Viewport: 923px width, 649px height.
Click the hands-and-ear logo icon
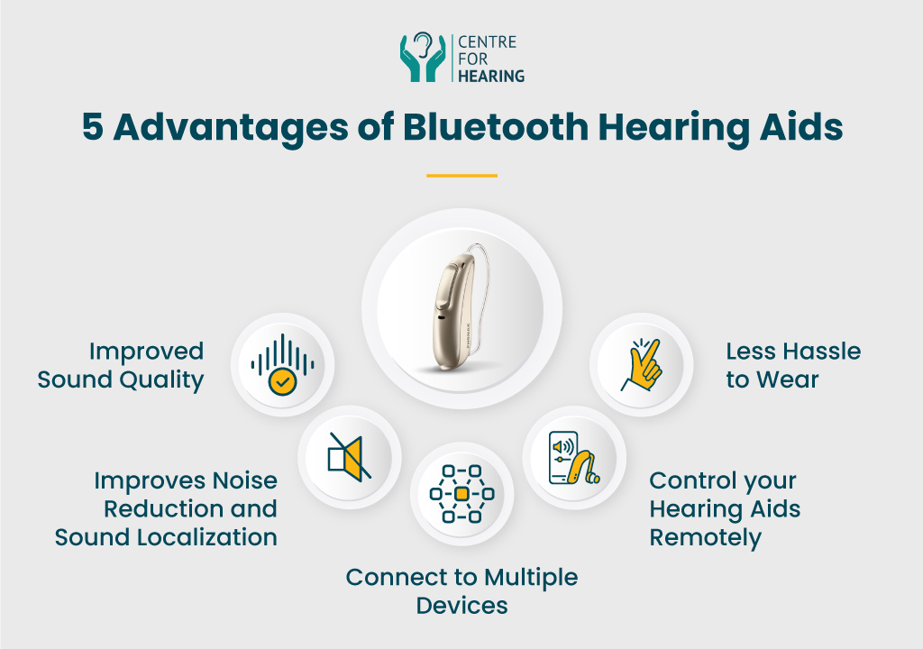(x=423, y=57)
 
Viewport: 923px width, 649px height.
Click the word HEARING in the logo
(x=491, y=76)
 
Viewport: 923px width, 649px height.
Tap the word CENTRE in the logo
(x=487, y=42)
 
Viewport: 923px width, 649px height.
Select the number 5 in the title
(x=93, y=126)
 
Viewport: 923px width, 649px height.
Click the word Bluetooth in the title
(x=496, y=126)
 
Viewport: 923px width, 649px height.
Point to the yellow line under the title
(x=461, y=176)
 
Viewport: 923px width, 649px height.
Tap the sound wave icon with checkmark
(x=282, y=364)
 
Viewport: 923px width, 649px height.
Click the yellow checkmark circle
(x=282, y=381)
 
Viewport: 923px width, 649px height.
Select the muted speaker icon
(x=350, y=457)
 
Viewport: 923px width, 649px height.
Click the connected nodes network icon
(x=461, y=494)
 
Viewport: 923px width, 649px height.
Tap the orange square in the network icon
(x=461, y=494)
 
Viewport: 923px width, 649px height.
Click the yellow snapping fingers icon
(x=642, y=365)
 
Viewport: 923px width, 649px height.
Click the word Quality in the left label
(x=162, y=380)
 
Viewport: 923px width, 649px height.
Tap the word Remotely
(x=705, y=538)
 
